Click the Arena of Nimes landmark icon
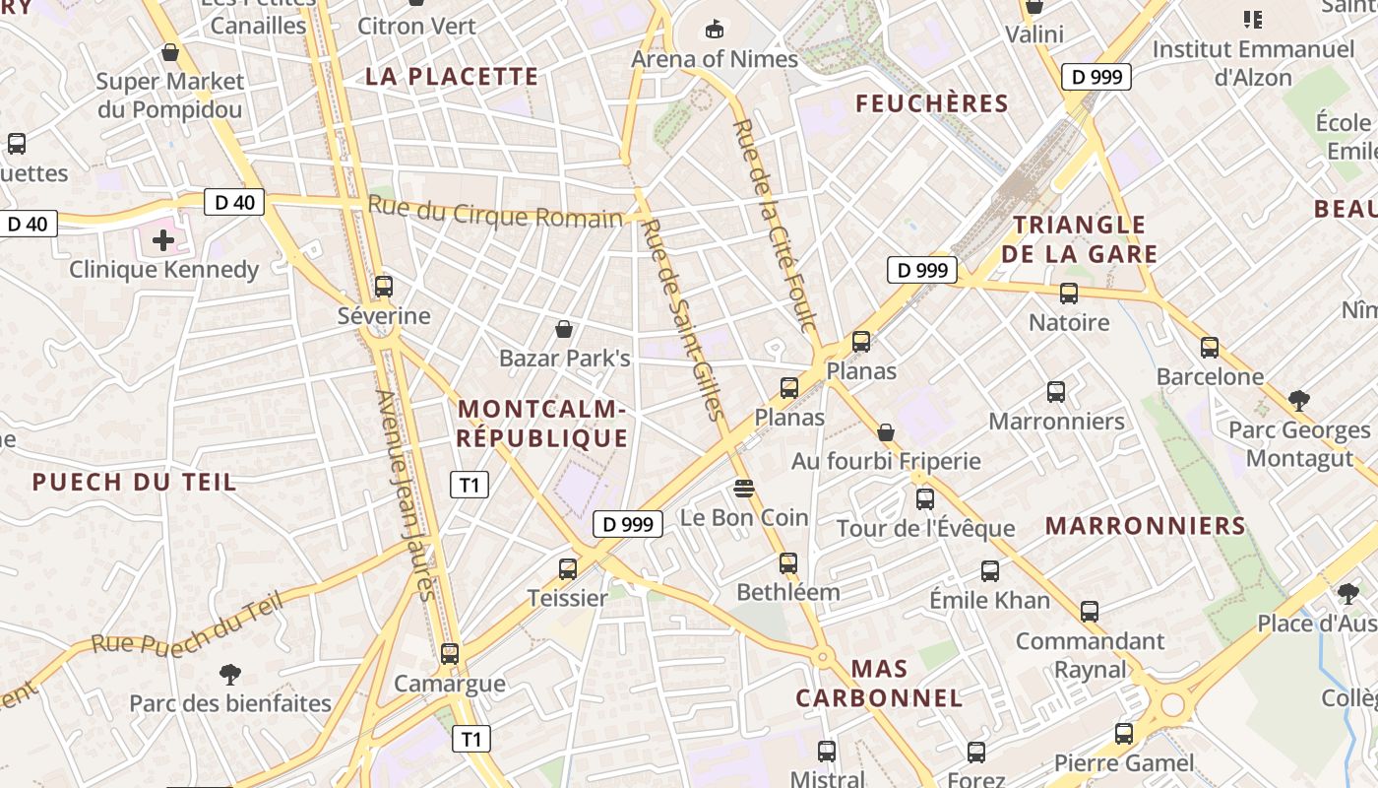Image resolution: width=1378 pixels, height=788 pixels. pyautogui.click(x=715, y=30)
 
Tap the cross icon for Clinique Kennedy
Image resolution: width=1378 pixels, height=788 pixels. pyautogui.click(x=163, y=239)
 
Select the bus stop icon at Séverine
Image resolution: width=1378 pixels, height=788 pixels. pyautogui.click(x=384, y=287)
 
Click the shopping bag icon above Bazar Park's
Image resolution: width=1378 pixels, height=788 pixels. pyautogui.click(x=564, y=328)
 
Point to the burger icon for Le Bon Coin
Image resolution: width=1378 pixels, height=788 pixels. pyautogui.click(x=743, y=488)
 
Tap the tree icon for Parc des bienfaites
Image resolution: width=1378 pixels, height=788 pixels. pyautogui.click(x=230, y=674)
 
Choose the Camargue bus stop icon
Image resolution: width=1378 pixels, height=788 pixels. pyautogui.click(x=450, y=653)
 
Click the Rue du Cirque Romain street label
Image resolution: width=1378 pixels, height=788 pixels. pyautogui.click(x=495, y=213)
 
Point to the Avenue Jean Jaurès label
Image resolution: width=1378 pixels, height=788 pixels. pyautogui.click(x=406, y=492)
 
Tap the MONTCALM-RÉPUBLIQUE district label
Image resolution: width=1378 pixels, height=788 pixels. pyautogui.click(x=542, y=424)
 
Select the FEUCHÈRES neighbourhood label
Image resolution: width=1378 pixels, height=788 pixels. pyautogui.click(x=932, y=103)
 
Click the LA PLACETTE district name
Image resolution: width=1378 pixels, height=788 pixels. pyautogui.click(x=452, y=76)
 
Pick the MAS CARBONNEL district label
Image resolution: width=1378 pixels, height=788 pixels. pyautogui.click(x=879, y=684)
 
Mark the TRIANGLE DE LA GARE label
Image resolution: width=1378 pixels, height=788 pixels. pyautogui.click(x=1080, y=239)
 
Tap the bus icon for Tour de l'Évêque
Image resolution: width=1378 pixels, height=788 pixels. pyautogui.click(x=925, y=499)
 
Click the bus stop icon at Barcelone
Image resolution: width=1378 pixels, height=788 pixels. pyautogui.click(x=1210, y=347)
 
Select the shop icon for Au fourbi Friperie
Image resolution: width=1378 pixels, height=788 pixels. pyautogui.click(x=886, y=432)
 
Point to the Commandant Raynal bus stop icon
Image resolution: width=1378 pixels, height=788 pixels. pyautogui.click(x=1090, y=612)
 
